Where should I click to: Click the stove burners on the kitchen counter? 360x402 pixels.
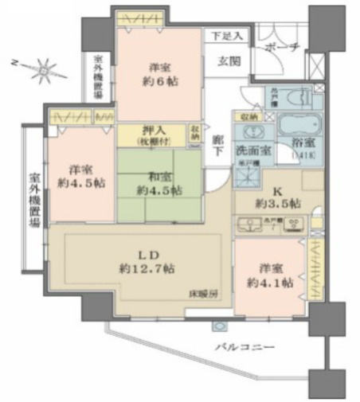(289, 224)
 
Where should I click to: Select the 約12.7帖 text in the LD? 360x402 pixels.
(145, 269)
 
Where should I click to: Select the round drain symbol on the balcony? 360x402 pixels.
(217, 326)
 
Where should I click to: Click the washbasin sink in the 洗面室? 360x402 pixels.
(251, 132)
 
